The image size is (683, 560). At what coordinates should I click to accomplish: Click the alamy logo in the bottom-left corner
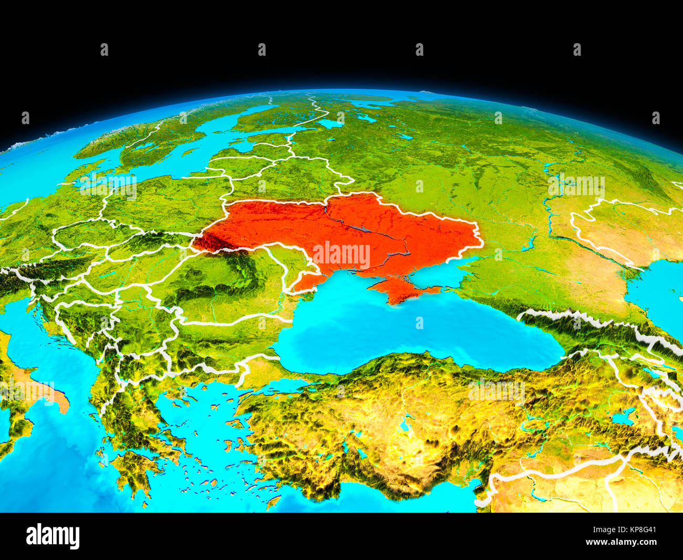(53, 536)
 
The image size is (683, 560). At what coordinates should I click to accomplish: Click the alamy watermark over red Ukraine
(341, 255)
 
